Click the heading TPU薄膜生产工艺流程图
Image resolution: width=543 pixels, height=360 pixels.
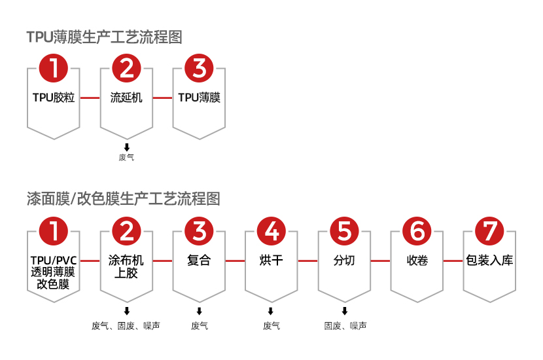pyautogui.click(x=104, y=37)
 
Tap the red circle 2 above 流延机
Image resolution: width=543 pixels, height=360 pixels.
pyautogui.click(x=126, y=67)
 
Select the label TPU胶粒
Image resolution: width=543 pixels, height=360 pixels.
pyautogui.click(x=54, y=98)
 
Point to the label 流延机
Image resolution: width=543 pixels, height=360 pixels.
pyautogui.click(x=126, y=98)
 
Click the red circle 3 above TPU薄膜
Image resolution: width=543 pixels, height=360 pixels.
pyautogui.click(x=200, y=67)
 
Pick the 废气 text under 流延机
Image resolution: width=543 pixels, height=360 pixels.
pyautogui.click(x=126, y=157)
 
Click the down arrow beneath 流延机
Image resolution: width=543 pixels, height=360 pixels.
pyautogui.click(x=126, y=147)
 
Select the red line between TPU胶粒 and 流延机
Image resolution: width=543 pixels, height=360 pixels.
pyautogui.click(x=90, y=98)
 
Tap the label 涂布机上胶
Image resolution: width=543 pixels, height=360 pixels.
pyautogui.click(x=126, y=266)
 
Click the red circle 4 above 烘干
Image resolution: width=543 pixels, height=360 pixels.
pyautogui.click(x=272, y=230)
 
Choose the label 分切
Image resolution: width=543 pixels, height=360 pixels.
pyautogui.click(x=344, y=261)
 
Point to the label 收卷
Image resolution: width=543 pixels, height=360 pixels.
pyautogui.click(x=417, y=261)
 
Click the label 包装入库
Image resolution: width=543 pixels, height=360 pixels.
pyautogui.click(x=489, y=261)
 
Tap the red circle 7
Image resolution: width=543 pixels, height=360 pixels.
pyautogui.click(x=489, y=230)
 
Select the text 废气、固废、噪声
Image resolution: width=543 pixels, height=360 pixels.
pyautogui.click(x=126, y=325)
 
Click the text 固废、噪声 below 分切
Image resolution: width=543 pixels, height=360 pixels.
pyautogui.click(x=345, y=325)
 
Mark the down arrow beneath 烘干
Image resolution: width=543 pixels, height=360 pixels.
pyautogui.click(x=271, y=311)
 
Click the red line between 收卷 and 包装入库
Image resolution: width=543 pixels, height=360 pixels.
pyautogui.click(x=453, y=261)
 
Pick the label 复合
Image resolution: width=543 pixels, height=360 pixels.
pyautogui.click(x=199, y=261)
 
